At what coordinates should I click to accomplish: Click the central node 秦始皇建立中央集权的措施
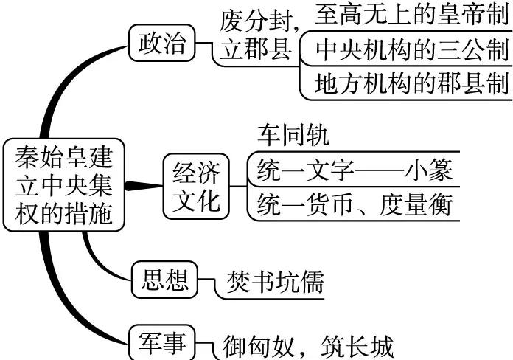pos(64,184)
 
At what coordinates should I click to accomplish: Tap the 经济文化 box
pos(195,186)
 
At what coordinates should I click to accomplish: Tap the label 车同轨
pos(293,135)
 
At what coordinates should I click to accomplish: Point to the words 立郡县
pos(256,50)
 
